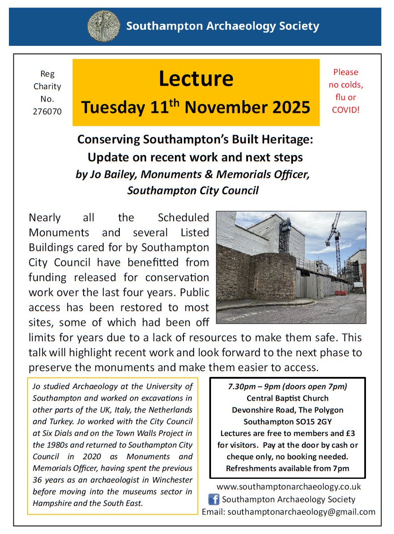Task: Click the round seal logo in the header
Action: (x=103, y=26)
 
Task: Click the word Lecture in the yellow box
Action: (x=196, y=79)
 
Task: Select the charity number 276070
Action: (x=47, y=111)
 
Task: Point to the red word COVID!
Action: (x=345, y=109)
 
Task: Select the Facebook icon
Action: (x=214, y=499)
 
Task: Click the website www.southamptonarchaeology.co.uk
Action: (x=288, y=487)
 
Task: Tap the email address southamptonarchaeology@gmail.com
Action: (x=301, y=512)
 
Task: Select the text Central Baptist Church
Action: (x=288, y=398)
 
